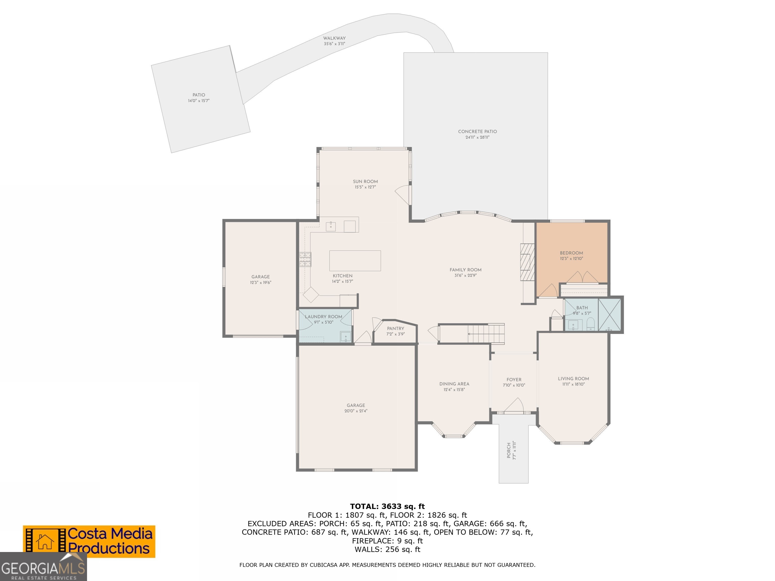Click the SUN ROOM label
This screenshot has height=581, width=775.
365,181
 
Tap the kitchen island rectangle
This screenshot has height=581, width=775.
355,260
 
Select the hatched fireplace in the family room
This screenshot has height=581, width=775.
527,262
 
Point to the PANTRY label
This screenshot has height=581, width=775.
396,329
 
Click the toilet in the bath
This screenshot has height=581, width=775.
590,324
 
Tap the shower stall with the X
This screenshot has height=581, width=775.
610,314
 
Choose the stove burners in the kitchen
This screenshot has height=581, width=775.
305,259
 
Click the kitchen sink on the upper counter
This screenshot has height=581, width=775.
331,226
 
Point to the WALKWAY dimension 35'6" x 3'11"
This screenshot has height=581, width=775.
334,44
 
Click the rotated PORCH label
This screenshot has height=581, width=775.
509,450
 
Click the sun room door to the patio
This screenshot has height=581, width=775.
403,195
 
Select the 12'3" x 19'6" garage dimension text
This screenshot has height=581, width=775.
260,282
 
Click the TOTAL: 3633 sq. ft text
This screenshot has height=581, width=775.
387,506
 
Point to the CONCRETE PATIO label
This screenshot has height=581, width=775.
477,132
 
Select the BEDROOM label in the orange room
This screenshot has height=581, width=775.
571,253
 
